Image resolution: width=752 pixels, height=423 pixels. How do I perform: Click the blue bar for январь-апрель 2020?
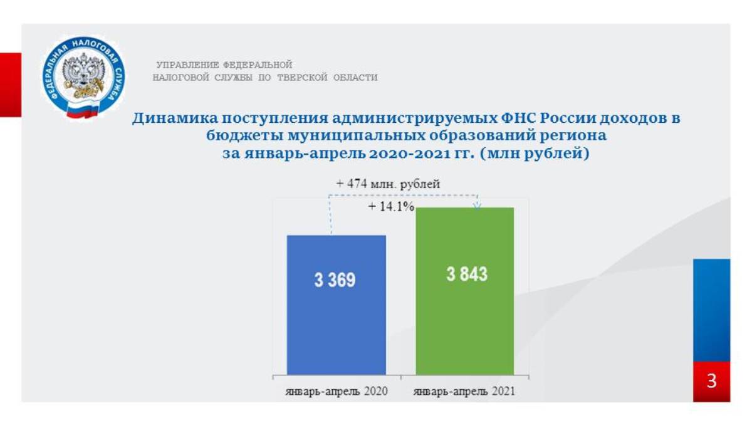337,305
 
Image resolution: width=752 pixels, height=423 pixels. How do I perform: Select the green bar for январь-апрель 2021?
465,291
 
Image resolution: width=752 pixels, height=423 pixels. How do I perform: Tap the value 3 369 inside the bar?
335,280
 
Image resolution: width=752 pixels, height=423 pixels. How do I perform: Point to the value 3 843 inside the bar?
467,274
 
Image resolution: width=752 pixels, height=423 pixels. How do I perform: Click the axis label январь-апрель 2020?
337,392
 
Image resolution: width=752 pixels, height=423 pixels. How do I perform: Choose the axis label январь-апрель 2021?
464,392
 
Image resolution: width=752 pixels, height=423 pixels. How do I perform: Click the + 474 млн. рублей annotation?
388,184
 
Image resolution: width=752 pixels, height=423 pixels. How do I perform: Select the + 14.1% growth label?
391,206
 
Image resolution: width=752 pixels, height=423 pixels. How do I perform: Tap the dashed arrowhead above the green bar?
478,206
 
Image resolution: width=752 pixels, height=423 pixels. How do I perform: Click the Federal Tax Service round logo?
83,77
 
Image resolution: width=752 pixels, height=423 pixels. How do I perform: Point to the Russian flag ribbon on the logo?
83,110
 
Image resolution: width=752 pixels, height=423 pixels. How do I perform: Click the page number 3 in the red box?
711,381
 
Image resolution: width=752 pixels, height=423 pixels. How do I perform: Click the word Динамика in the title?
174,118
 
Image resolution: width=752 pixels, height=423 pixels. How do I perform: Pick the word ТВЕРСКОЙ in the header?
302,78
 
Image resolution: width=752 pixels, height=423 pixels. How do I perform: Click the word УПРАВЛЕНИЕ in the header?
187,65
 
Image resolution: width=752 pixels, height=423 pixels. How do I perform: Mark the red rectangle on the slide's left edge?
11,85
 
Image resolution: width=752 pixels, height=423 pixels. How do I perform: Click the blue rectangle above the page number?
712,310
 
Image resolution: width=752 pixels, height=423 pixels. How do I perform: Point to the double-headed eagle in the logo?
83,73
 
